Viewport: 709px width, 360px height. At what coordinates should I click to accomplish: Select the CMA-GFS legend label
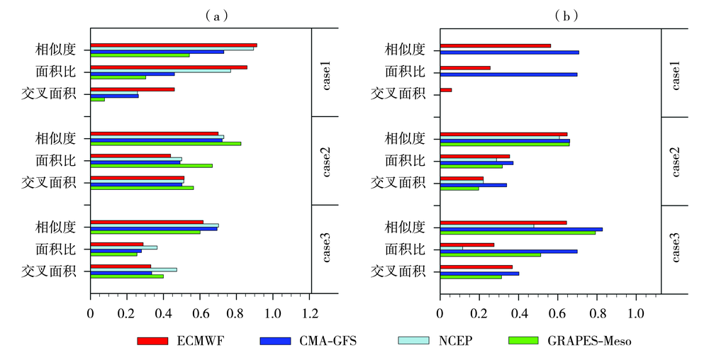pos(328,341)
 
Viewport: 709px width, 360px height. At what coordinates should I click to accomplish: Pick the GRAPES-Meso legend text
pos(589,341)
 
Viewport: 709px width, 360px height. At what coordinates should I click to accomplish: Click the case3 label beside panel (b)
pos(676,249)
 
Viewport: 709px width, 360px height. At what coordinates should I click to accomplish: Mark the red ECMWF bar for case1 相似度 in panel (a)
pos(174,45)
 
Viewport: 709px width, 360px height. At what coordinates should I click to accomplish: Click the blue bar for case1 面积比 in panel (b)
pos(508,74)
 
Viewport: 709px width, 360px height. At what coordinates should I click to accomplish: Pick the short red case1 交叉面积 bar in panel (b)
pos(446,90)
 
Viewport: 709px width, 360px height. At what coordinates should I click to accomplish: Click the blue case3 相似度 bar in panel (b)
pos(521,229)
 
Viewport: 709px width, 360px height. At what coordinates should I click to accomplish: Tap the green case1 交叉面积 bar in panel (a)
pos(98,99)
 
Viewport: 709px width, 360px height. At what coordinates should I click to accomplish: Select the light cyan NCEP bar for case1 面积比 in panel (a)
pos(160,70)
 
